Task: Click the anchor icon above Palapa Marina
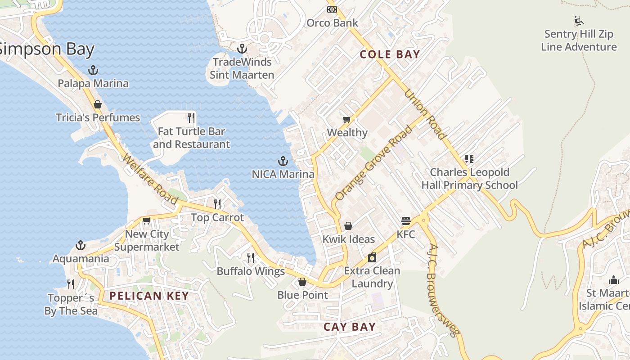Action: tap(93, 70)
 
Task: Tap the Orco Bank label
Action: tap(332, 22)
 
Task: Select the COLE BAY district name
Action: tap(390, 54)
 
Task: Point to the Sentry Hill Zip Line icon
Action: tap(579, 21)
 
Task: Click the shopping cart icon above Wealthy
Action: tap(346, 119)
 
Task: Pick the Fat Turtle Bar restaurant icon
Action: tap(191, 118)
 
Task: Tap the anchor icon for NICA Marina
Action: tap(283, 161)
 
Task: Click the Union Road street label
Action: tap(425, 114)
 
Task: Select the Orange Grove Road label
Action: tap(373, 164)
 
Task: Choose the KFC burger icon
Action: tap(406, 221)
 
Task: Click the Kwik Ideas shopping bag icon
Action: tap(348, 226)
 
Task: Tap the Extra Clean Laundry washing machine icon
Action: tap(372, 257)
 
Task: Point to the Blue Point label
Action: tap(302, 295)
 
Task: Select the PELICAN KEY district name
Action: tap(149, 296)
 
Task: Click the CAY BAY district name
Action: tap(349, 327)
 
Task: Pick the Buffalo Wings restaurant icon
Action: tap(251, 258)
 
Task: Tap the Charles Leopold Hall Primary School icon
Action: tap(469, 159)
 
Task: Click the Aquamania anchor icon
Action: tap(81, 245)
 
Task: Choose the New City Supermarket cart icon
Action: tap(146, 221)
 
